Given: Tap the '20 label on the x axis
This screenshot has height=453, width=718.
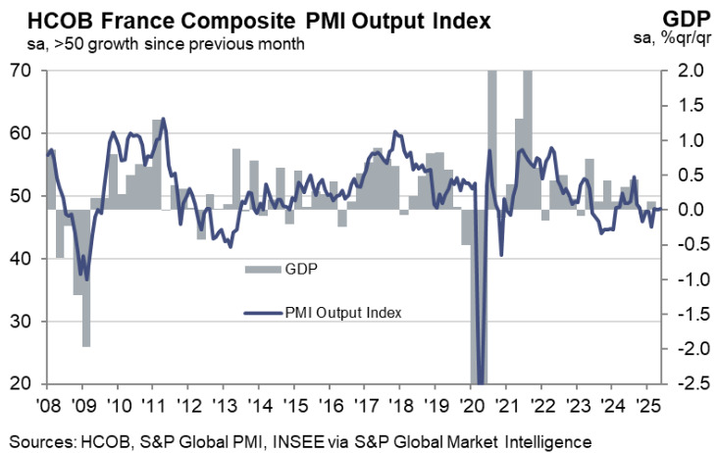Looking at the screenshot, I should point(470,404).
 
